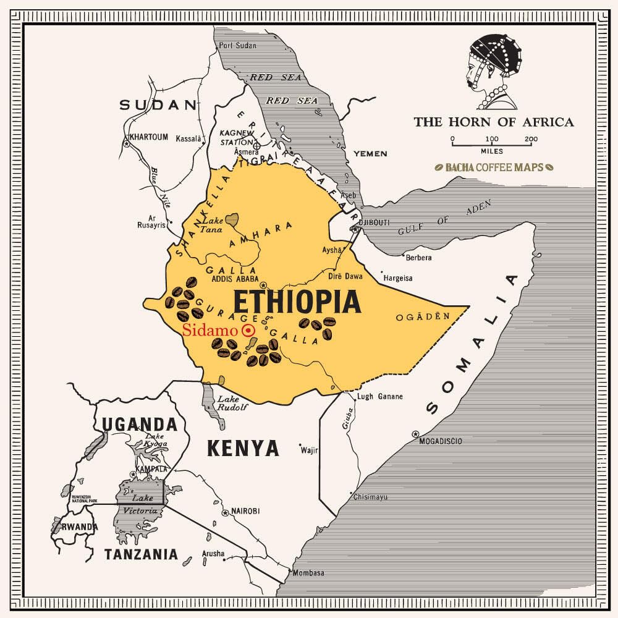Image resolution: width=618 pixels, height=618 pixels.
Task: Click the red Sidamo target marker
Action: click(x=248, y=331)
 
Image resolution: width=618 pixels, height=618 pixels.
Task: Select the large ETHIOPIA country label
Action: click(x=297, y=303)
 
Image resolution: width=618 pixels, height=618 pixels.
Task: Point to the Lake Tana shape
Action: click(x=232, y=218)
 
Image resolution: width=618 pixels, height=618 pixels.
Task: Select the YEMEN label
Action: click(x=370, y=153)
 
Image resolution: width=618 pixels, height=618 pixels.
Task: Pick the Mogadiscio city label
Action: click(x=441, y=441)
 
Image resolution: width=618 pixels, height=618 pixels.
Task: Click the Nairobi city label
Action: click(x=245, y=511)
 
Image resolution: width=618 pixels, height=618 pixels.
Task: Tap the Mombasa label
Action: click(x=308, y=573)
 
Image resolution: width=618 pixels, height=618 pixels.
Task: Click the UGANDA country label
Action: click(x=140, y=425)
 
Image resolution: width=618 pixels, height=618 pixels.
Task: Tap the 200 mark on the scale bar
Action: click(x=531, y=139)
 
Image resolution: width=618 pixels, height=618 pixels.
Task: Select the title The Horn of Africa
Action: click(x=493, y=122)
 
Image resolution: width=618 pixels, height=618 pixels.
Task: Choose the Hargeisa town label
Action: click(x=398, y=278)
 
